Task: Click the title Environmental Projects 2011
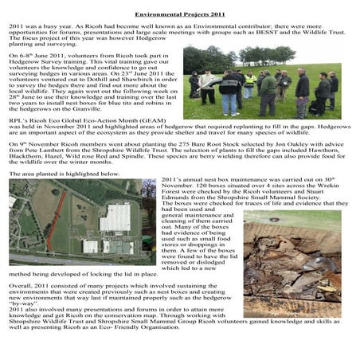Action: [x=180, y=14]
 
